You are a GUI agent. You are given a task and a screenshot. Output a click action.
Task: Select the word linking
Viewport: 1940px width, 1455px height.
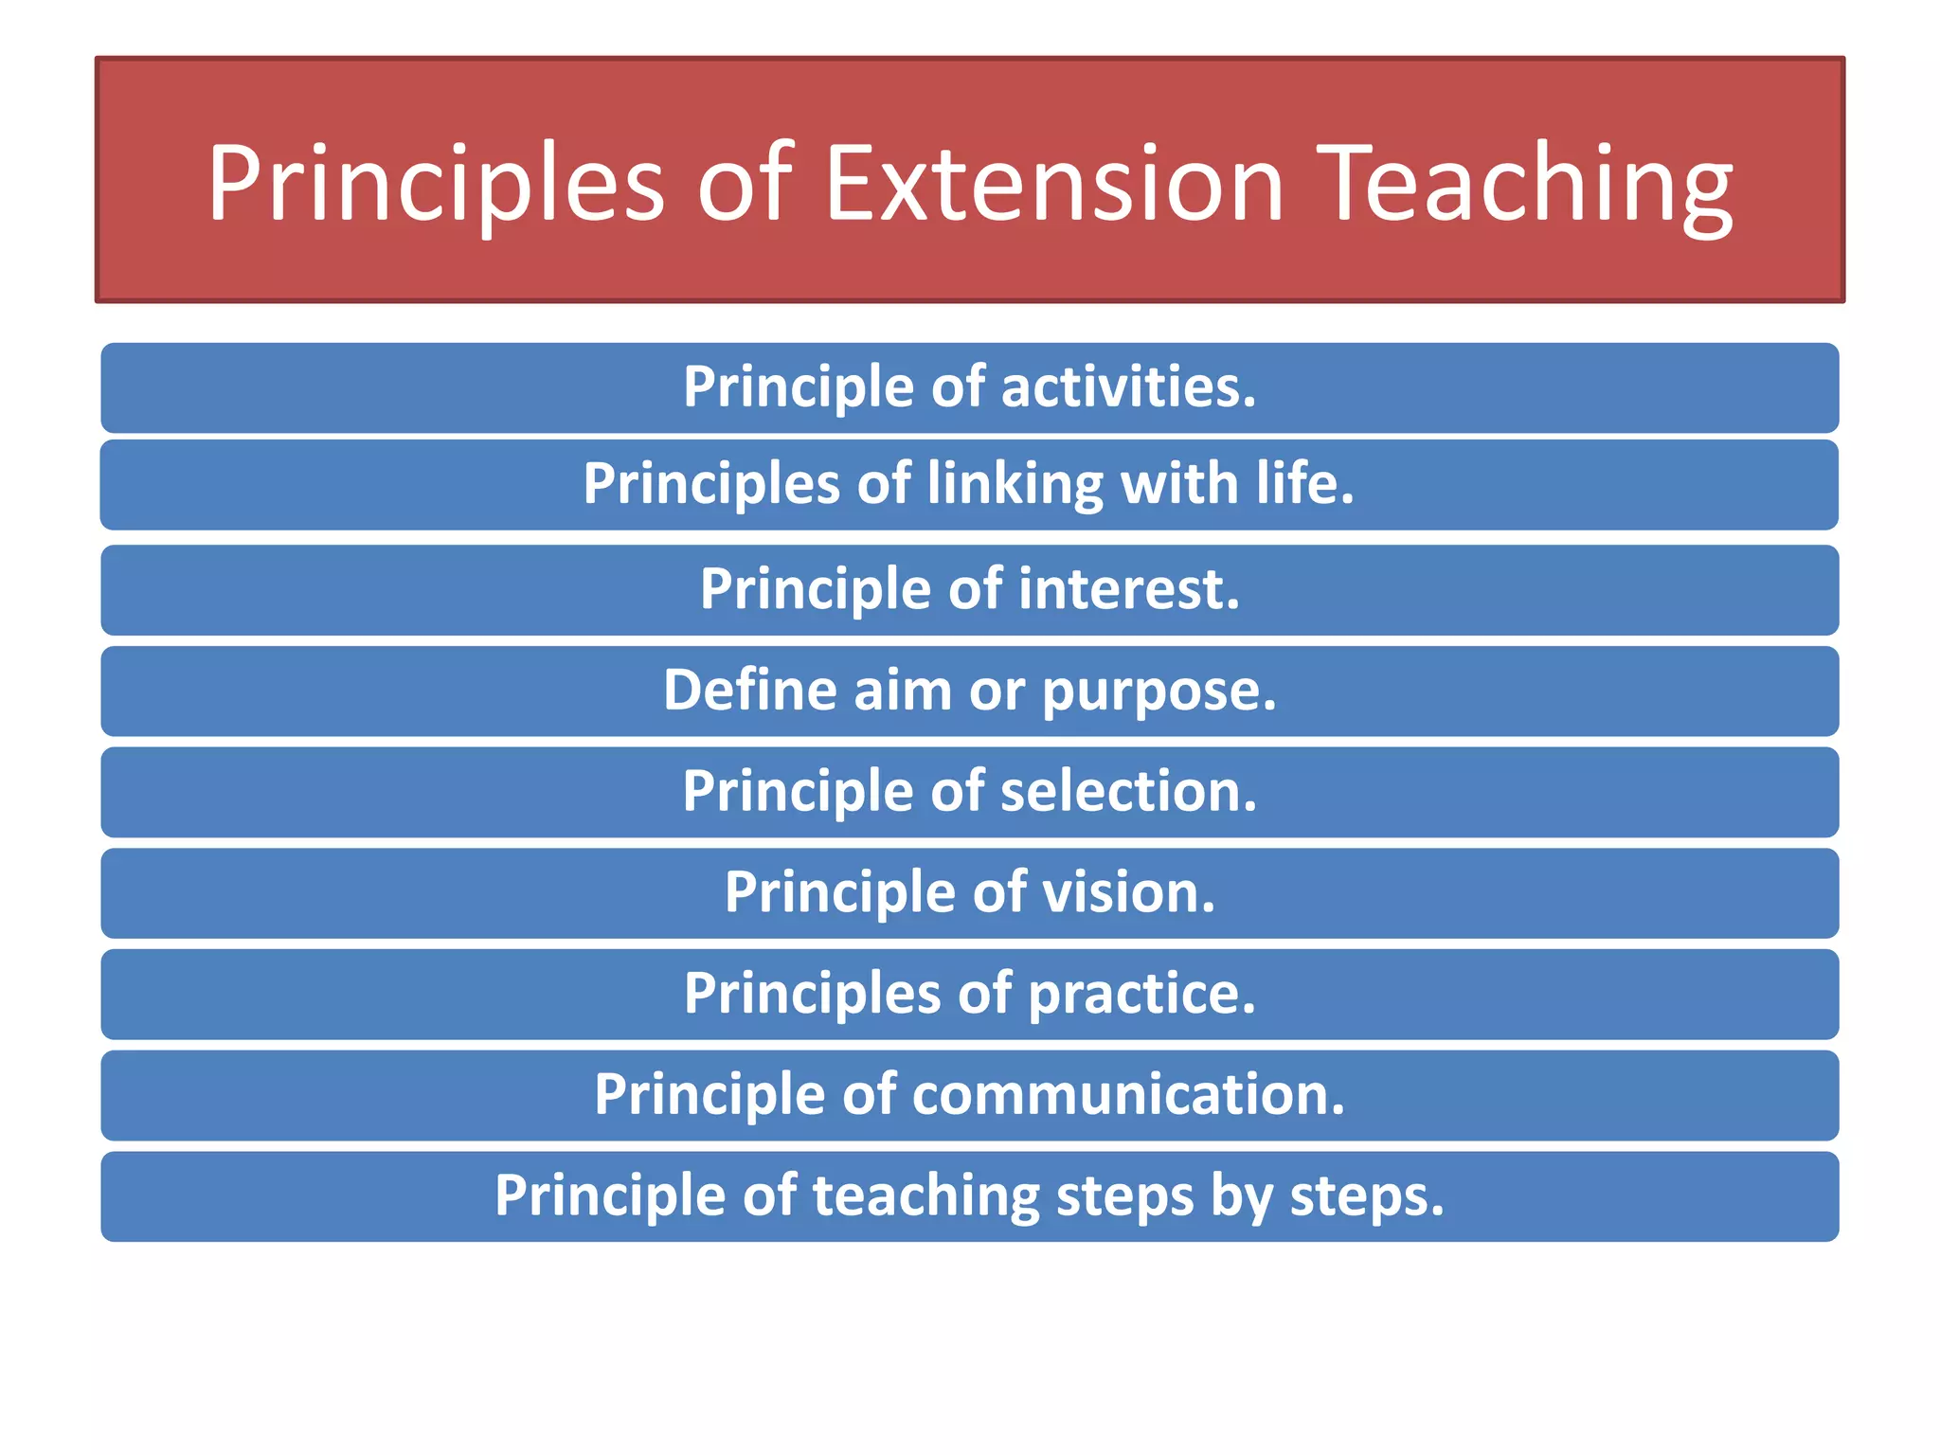[x=1015, y=485]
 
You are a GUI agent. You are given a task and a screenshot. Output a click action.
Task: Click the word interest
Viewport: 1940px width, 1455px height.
[x=1129, y=589]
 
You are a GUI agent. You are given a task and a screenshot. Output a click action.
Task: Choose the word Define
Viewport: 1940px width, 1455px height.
[x=749, y=690]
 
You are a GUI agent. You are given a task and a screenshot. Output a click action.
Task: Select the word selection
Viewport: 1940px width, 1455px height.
[x=1128, y=791]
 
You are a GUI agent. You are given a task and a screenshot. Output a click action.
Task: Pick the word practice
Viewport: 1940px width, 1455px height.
[x=1141, y=995]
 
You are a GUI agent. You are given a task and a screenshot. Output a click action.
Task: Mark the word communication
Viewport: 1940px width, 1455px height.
[x=1128, y=1094]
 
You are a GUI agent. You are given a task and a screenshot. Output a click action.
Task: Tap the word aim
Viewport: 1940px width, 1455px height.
[x=902, y=691]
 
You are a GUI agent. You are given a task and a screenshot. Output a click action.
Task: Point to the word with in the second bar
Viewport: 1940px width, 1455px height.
[x=1179, y=484]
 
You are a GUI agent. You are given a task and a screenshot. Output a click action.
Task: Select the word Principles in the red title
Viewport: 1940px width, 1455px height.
[x=436, y=185]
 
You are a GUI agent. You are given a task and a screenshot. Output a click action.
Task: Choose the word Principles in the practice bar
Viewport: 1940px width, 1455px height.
[x=812, y=995]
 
